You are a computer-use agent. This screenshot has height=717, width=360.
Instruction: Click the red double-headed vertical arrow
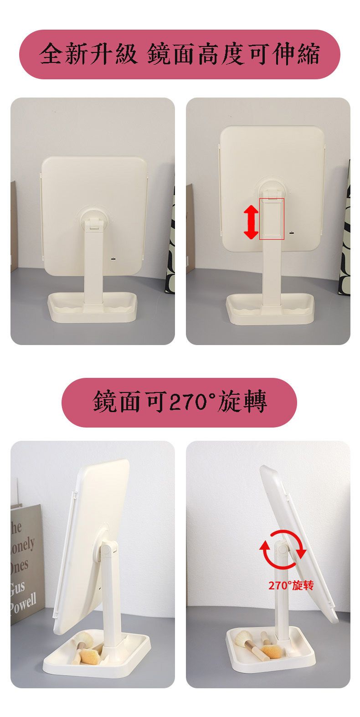(251, 222)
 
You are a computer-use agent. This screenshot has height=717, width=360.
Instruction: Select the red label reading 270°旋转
(291, 585)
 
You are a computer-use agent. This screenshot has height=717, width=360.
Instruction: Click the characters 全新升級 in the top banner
(88, 54)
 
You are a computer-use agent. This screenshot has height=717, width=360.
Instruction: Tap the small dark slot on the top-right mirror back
(291, 233)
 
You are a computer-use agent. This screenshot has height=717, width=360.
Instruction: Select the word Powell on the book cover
(23, 602)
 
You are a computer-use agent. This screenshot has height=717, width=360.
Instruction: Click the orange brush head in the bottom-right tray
(271, 651)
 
